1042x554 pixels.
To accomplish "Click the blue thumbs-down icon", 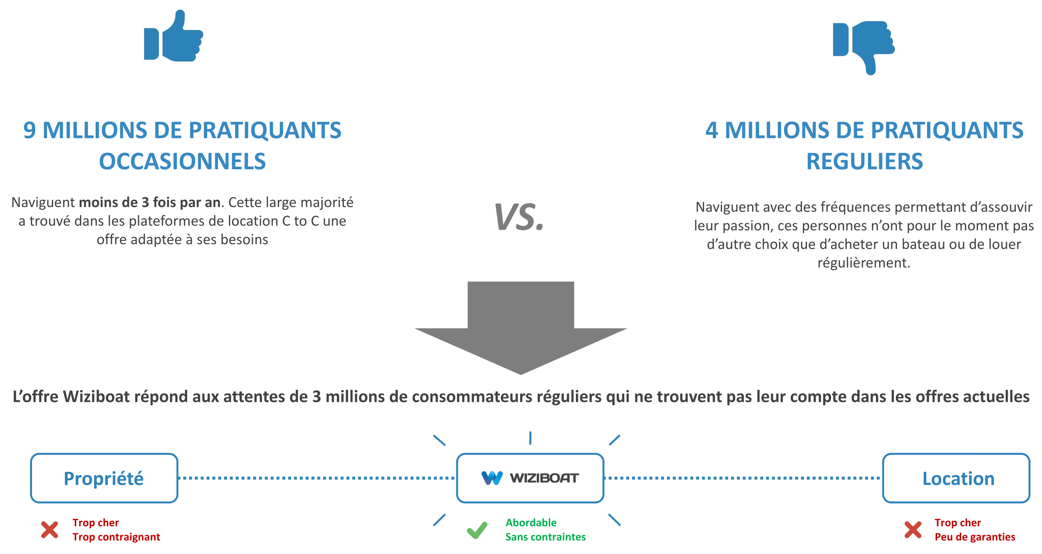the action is tap(863, 48).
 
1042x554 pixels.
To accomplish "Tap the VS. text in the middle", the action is tap(519, 217).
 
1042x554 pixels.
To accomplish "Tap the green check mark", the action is tap(477, 530).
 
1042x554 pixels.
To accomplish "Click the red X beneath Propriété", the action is tap(50, 530).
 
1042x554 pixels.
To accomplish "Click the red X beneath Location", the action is tap(913, 530).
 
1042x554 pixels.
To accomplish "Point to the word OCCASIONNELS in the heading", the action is tap(182, 161).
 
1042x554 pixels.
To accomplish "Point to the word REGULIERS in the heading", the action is tap(864, 161).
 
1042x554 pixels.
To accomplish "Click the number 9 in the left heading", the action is tap(29, 130).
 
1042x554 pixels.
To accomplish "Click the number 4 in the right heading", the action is tap(711, 130).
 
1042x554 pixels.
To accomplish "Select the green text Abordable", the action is tap(531, 522).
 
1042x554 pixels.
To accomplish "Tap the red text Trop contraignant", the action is tap(116, 537).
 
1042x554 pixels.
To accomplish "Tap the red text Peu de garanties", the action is tap(974, 537).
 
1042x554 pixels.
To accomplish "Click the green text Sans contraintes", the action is tap(545, 537).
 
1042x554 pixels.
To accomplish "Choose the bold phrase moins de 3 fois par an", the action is tap(150, 203).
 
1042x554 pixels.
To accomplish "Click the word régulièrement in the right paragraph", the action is tap(863, 263).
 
